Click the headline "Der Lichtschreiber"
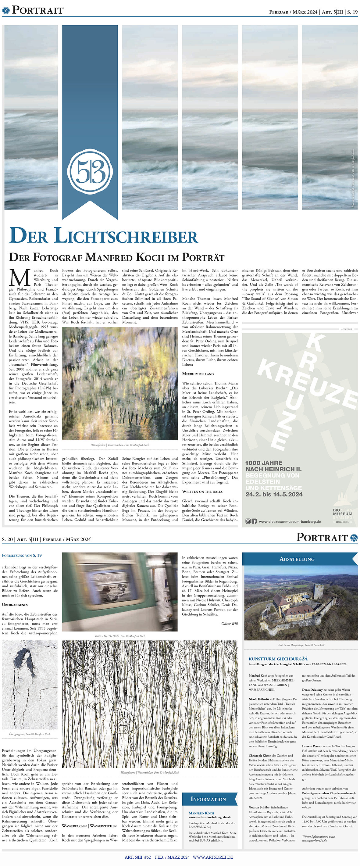pos(104,236)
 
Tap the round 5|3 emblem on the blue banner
pos(90,171)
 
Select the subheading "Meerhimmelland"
pos(198,374)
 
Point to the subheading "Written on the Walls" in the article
pos(202,492)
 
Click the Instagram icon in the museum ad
pos(248,521)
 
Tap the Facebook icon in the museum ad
pos(254,521)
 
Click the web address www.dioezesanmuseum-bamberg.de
pos(290,522)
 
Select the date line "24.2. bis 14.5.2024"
pos(274,494)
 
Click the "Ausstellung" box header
pos(297,559)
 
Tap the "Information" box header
pos(208,799)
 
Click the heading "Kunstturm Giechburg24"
pos(278,659)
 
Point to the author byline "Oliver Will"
pos(229,624)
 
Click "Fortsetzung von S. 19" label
pos(22,555)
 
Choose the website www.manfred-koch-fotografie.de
pos(209,817)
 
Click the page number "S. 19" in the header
pos(352,12)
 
